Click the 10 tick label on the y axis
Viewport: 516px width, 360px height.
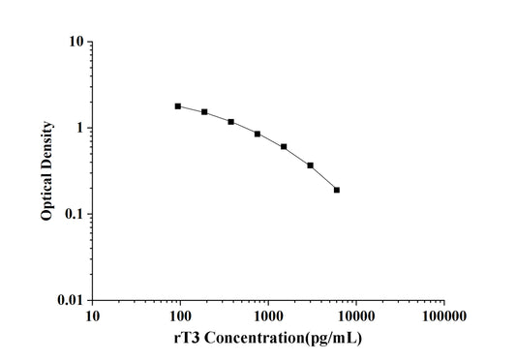pos(74,42)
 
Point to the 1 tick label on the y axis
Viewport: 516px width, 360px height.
pos(77,128)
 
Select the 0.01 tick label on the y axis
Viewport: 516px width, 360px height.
pos(68,300)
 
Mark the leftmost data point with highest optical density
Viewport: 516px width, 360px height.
pos(178,106)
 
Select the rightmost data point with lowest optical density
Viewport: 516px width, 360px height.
pos(337,190)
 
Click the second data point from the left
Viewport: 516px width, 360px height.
pos(204,112)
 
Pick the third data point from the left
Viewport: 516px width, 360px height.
pos(230,122)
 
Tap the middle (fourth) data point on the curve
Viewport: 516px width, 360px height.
pos(258,134)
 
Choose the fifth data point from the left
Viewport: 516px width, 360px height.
pos(284,147)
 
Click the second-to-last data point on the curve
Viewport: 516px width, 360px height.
pos(310,165)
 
